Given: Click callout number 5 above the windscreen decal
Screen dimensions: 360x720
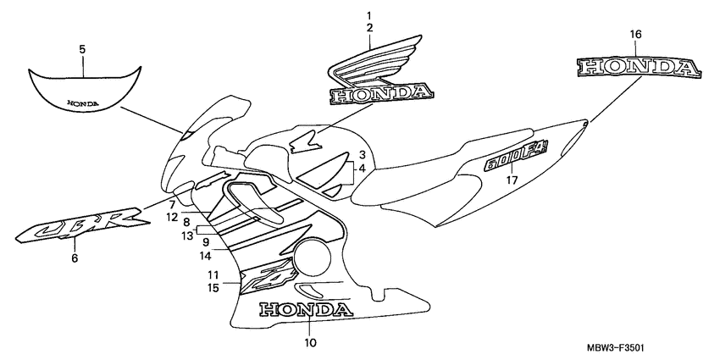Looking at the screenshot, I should pyautogui.click(x=82, y=50).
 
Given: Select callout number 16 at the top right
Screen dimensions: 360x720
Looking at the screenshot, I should pyautogui.click(x=635, y=35).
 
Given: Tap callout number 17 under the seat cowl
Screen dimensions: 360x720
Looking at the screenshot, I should pyautogui.click(x=512, y=180).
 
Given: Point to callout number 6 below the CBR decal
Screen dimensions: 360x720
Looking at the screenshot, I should pyautogui.click(x=74, y=258).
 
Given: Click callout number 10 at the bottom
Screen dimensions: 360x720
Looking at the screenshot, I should pyautogui.click(x=310, y=342).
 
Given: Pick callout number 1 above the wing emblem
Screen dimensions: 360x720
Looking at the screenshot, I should pyautogui.click(x=369, y=16).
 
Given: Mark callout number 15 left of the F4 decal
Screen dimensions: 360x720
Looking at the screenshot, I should pyautogui.click(x=213, y=289).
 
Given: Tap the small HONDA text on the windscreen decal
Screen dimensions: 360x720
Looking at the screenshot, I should pyautogui.click(x=82, y=102).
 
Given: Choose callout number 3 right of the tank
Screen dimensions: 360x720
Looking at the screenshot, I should pyautogui.click(x=362, y=155).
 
